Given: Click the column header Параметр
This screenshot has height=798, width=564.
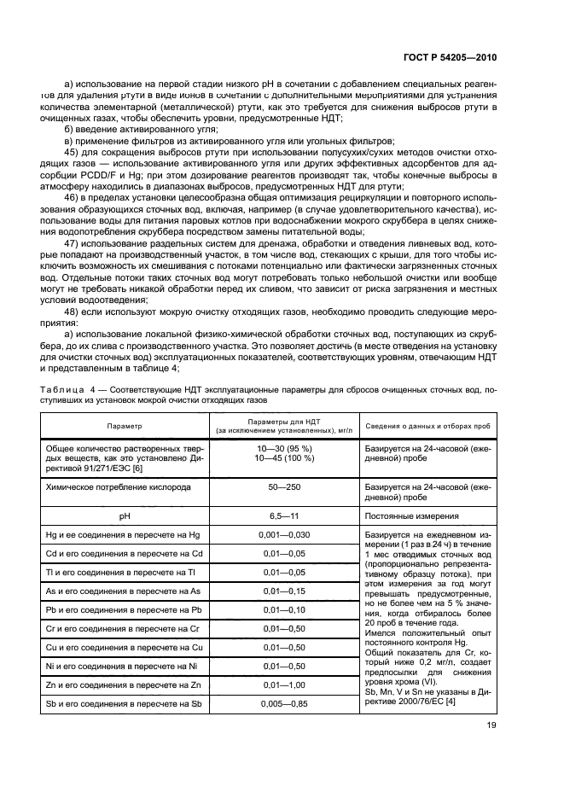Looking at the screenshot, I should tap(125, 425).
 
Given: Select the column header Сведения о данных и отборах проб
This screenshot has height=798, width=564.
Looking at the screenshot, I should tap(428, 425).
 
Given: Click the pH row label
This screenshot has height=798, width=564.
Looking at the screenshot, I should tap(125, 515).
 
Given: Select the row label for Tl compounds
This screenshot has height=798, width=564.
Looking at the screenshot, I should tap(123, 573).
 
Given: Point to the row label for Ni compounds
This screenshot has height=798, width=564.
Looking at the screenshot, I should tap(123, 667).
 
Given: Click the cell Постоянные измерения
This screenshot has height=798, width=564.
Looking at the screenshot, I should tap(408, 515).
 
